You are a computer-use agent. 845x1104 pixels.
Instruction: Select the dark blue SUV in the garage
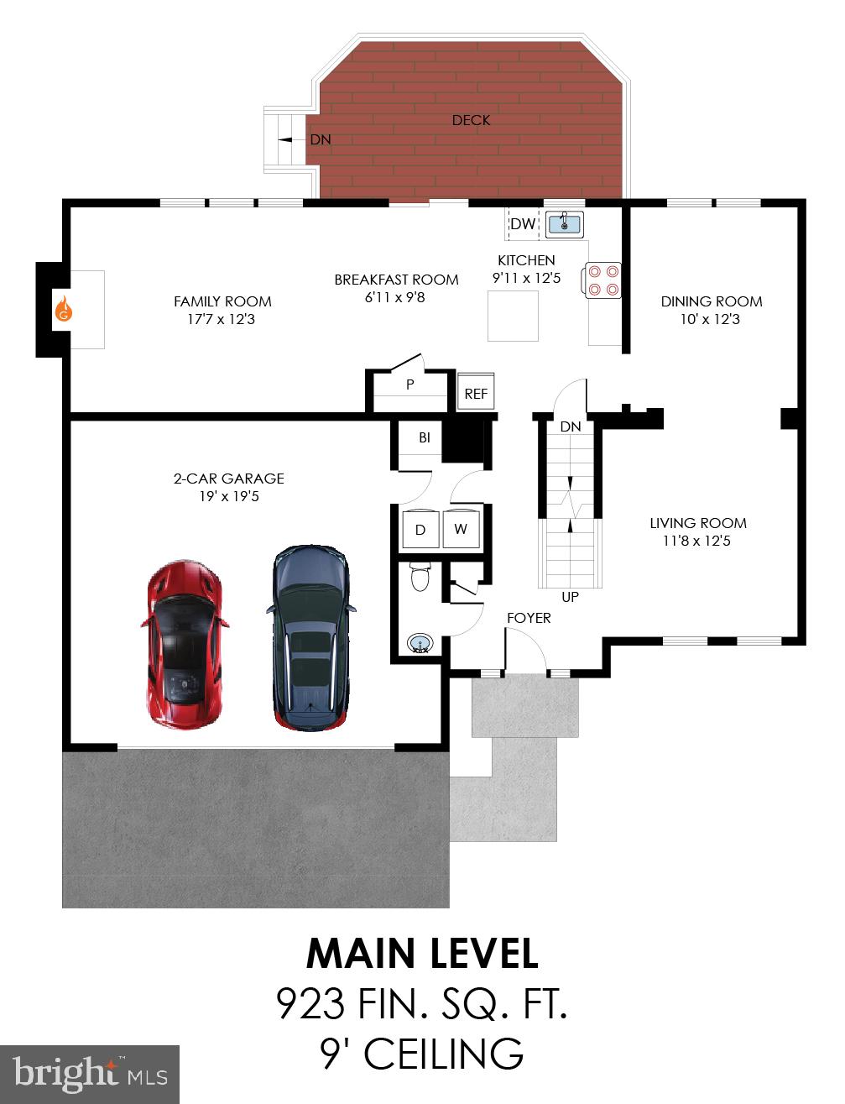tap(310, 636)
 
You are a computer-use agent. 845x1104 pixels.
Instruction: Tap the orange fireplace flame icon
tap(64, 309)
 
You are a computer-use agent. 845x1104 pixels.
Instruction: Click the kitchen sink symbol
tap(565, 223)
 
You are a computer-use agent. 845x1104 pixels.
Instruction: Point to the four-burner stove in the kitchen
tap(603, 280)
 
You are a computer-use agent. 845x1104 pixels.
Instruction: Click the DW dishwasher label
tap(522, 224)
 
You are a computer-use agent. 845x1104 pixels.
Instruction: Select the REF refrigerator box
tap(476, 393)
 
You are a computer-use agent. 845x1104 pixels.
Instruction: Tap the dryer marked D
tap(420, 529)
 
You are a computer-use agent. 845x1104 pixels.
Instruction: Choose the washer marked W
tap(461, 529)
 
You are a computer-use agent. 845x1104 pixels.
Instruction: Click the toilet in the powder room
tap(420, 578)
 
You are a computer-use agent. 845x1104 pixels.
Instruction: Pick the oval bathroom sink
tap(420, 644)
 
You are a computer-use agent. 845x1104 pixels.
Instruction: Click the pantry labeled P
tap(410, 385)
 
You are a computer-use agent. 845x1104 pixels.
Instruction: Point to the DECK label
tap(471, 120)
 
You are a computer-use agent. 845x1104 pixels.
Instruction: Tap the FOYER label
tap(529, 618)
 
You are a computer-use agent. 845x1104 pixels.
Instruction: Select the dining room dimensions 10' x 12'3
tap(711, 320)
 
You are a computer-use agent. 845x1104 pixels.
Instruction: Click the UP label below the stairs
tap(571, 598)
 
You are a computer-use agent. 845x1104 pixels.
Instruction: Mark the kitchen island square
tap(513, 316)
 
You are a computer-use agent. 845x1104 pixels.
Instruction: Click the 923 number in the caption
tap(310, 1003)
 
